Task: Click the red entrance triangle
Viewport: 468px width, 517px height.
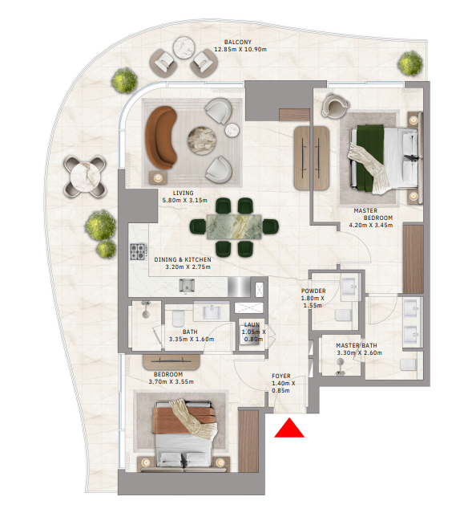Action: click(289, 429)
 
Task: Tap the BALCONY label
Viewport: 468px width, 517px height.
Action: click(238, 43)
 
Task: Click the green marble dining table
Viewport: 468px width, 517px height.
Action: click(234, 226)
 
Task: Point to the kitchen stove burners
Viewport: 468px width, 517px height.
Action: click(138, 251)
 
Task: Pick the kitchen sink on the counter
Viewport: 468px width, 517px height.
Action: click(187, 285)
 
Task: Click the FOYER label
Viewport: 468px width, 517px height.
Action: click(281, 376)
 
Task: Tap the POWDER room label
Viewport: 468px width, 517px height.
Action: click(313, 291)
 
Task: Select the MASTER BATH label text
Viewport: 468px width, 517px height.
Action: click(357, 345)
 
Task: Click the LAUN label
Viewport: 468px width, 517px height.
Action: click(252, 325)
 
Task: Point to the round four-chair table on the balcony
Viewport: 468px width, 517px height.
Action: click(85, 177)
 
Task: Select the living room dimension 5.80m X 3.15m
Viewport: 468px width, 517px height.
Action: click(184, 200)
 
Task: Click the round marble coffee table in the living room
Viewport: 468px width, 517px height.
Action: click(202, 140)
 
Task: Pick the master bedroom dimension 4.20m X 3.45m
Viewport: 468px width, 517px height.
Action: click(370, 226)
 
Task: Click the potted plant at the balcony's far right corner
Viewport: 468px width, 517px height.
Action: click(410, 63)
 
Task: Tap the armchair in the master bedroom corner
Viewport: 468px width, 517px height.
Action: click(334, 105)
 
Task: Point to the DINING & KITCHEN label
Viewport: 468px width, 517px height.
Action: click(183, 260)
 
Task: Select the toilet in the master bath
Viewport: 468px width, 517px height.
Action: click(408, 365)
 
